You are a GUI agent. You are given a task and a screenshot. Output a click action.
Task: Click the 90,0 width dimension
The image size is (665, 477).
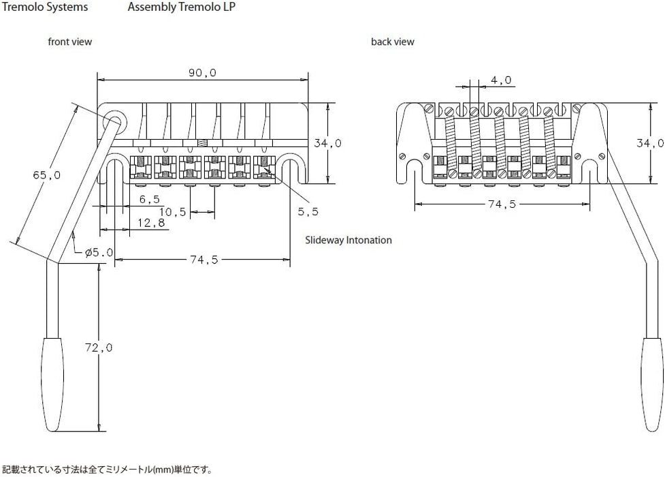click(x=202, y=73)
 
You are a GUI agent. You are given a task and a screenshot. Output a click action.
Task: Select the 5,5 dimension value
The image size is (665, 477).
click(x=308, y=211)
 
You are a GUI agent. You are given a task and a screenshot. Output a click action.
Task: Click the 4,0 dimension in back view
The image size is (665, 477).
click(x=500, y=80)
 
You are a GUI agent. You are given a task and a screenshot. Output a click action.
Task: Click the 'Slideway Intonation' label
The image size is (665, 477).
click(x=348, y=241)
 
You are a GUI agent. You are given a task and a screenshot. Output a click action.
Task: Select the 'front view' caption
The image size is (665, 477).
click(x=69, y=42)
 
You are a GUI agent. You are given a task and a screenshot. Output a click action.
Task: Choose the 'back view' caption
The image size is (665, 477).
click(x=392, y=42)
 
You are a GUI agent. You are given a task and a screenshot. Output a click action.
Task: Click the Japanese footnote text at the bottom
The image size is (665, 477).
click(x=108, y=470)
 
